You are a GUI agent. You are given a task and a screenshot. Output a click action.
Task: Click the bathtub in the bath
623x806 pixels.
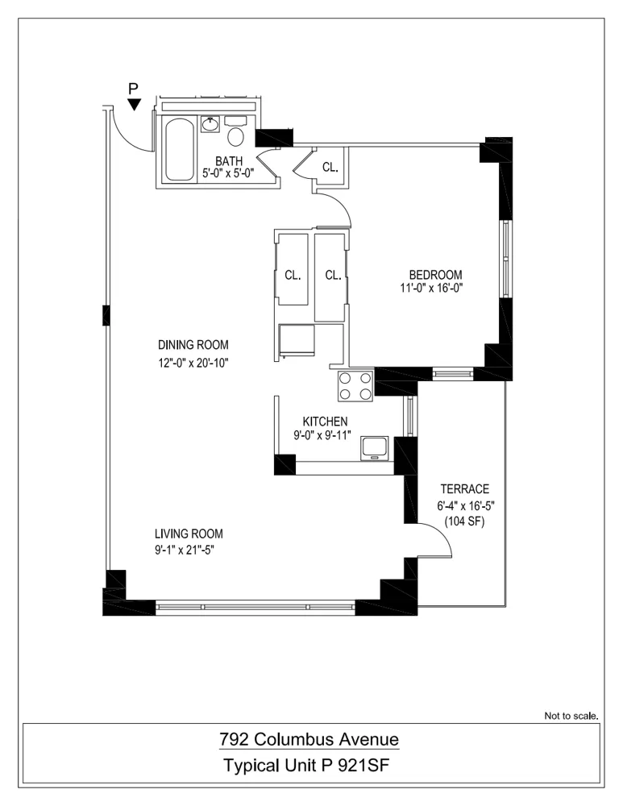pyautogui.click(x=179, y=150)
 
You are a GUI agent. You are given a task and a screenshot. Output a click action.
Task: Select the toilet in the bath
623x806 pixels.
pyautogui.click(x=236, y=133)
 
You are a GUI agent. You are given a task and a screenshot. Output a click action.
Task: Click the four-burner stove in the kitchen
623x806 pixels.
pyautogui.click(x=355, y=385)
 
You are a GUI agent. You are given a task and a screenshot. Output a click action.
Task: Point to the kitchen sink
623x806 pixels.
pyautogui.click(x=375, y=447)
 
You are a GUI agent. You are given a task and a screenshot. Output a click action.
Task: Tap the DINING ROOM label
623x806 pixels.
pyautogui.click(x=193, y=347)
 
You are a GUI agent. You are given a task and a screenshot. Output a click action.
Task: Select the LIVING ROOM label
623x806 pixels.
pyautogui.click(x=189, y=534)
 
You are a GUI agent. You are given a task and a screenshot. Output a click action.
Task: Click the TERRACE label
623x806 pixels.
pyautogui.click(x=464, y=489)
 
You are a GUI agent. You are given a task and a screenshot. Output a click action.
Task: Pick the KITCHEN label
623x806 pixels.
pyautogui.click(x=325, y=422)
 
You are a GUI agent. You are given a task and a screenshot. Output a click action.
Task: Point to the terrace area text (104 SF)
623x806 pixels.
pyautogui.click(x=464, y=522)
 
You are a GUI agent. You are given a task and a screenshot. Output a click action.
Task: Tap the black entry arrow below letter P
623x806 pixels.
pyautogui.click(x=135, y=104)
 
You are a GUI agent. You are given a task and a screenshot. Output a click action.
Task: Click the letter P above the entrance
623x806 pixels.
pyautogui.click(x=134, y=87)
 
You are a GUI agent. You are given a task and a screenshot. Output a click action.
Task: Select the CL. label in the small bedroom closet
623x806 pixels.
pyautogui.click(x=330, y=168)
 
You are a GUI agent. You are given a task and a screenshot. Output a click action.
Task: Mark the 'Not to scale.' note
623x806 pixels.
pyautogui.click(x=571, y=715)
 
